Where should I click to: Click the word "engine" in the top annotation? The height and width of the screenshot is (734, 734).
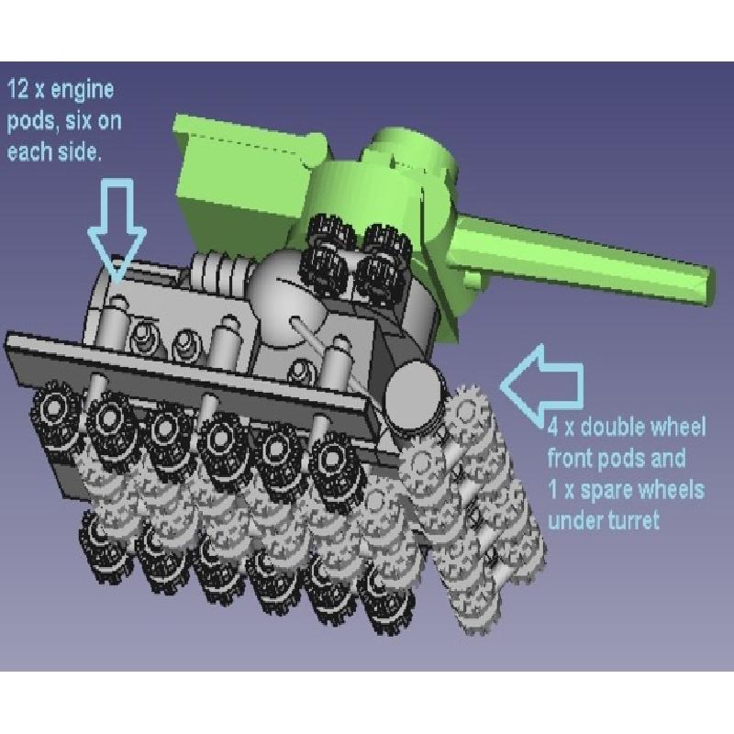tap(82, 90)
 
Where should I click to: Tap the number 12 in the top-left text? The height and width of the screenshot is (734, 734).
tap(18, 88)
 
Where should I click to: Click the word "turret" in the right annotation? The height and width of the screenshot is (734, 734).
tap(631, 520)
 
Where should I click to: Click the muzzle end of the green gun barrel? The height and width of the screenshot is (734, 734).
tap(708, 286)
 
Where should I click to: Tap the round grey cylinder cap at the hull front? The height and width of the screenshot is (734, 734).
tap(413, 394)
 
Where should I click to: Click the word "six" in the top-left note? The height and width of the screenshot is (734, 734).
tap(78, 121)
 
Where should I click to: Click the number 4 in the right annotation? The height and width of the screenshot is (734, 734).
tap(553, 427)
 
